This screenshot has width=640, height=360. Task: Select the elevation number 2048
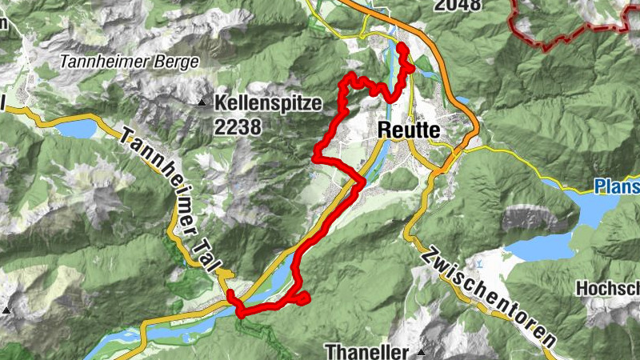(458, 6)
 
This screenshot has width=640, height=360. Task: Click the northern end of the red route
(401, 48)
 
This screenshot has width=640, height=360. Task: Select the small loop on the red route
(302, 299)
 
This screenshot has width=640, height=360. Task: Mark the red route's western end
(230, 295)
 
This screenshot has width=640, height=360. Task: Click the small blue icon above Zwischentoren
(478, 262)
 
